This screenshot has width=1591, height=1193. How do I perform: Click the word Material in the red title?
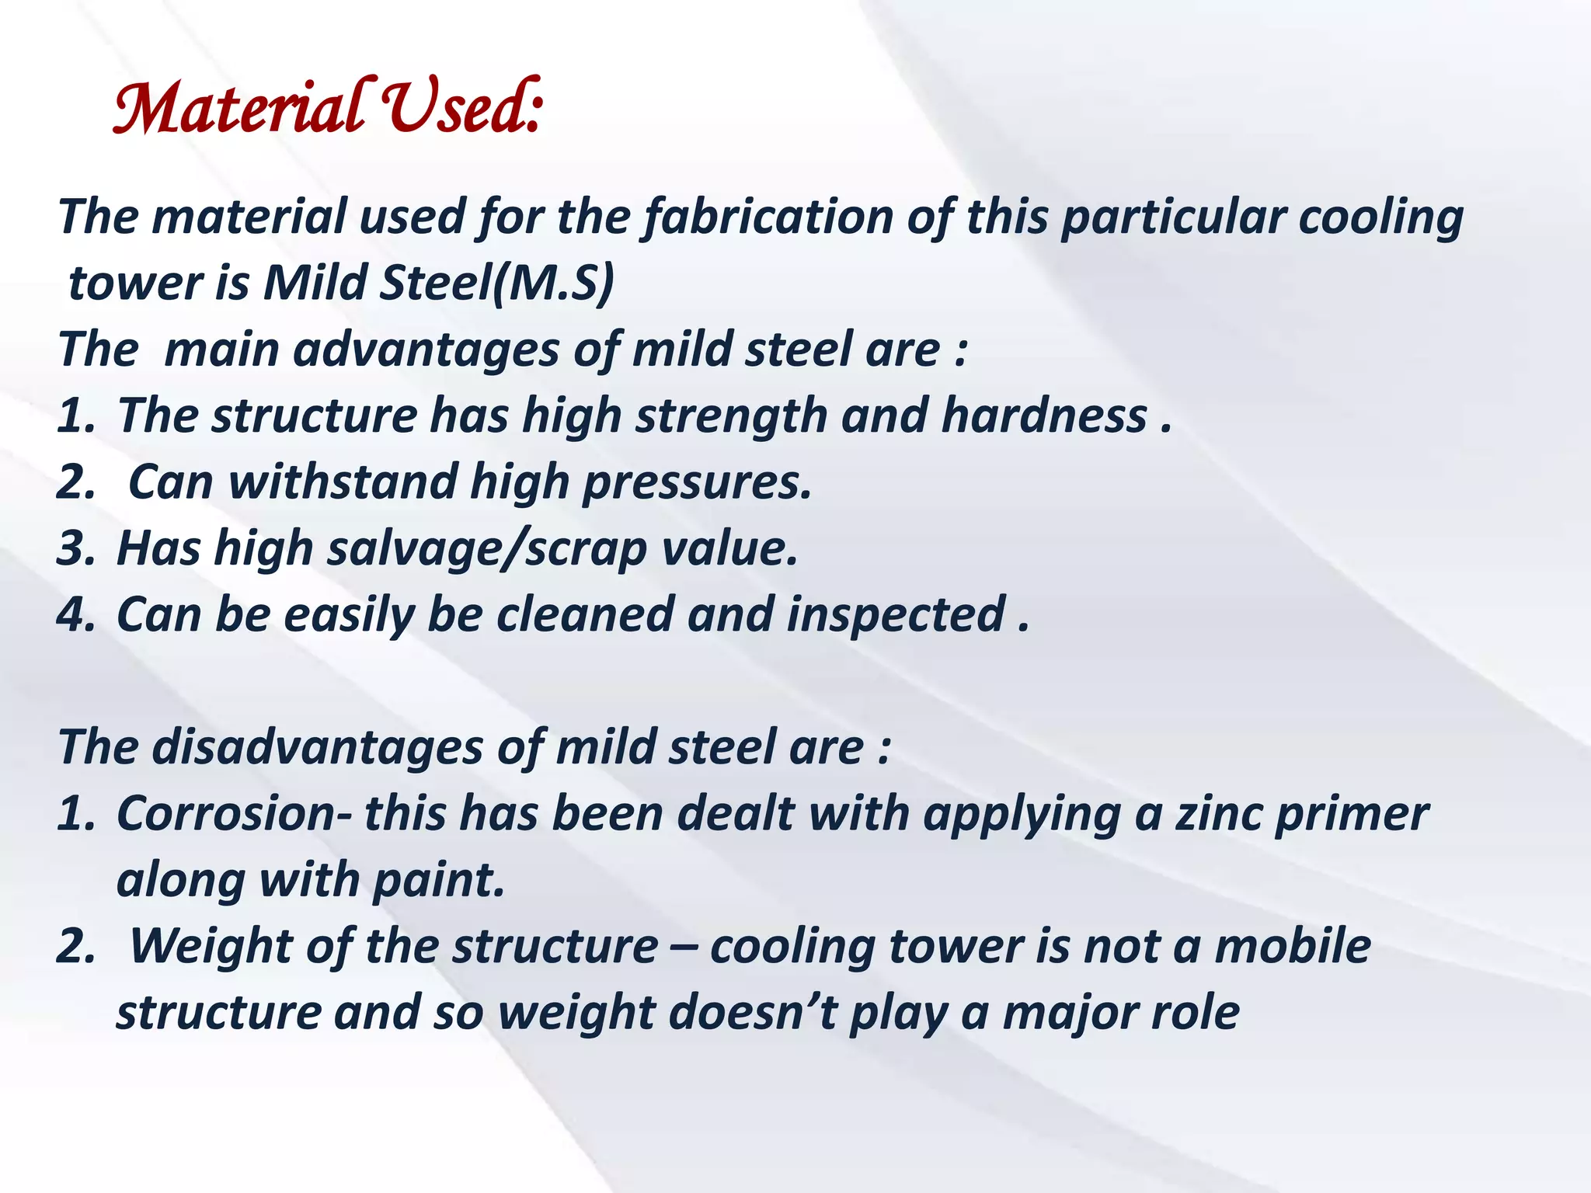[x=237, y=109]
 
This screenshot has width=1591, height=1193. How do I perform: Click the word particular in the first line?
[x=1173, y=217]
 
